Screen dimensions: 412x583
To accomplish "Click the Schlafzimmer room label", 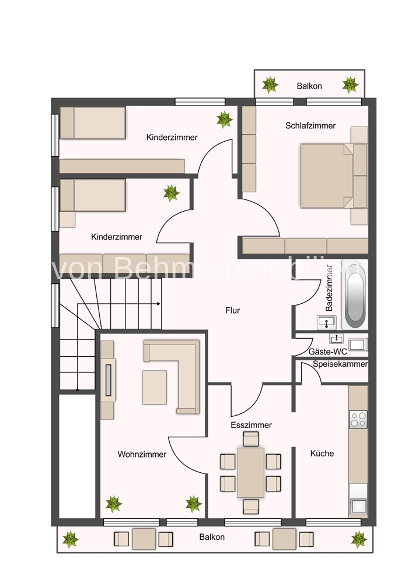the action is [x=310, y=126].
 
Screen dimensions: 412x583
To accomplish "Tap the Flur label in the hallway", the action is [x=233, y=310].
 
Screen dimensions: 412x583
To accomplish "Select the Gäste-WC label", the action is [x=327, y=352].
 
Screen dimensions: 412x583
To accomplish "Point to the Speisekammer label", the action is [x=340, y=364].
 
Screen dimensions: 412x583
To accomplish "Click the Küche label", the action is [x=322, y=453].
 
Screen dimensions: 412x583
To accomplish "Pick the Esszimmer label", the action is [x=251, y=424].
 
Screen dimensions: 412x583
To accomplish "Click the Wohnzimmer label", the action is [x=142, y=454].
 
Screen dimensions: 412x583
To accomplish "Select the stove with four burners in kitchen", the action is [x=358, y=419].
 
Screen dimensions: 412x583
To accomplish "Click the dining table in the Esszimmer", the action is [x=251, y=473].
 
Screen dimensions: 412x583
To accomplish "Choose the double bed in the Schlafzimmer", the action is [x=327, y=175].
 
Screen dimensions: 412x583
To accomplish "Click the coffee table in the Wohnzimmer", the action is [x=155, y=388].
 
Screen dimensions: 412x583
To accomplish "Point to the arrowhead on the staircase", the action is [x=159, y=304].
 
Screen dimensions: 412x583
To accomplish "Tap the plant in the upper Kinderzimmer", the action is [x=225, y=120].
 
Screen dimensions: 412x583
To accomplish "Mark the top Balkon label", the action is [x=309, y=86].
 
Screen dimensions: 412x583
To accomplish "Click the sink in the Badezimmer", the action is [x=327, y=322].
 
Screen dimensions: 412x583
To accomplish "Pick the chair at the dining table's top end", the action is [x=251, y=439].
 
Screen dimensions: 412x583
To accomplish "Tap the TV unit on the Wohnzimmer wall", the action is [x=109, y=380].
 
